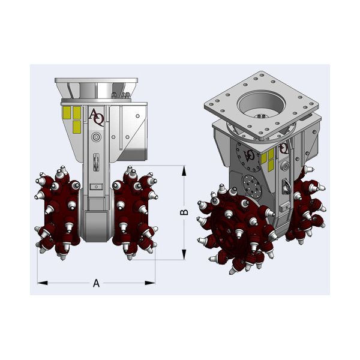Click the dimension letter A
tap(96, 283)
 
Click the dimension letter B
tap(184, 212)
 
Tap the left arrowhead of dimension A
tap(43, 283)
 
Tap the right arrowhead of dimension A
tap(150, 283)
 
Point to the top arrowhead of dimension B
tap(184, 170)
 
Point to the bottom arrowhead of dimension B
tap(184, 254)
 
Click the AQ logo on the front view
tap(97, 117)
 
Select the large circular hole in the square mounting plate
tap(262, 105)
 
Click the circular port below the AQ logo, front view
tap(96, 137)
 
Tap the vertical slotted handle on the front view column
tap(96, 162)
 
